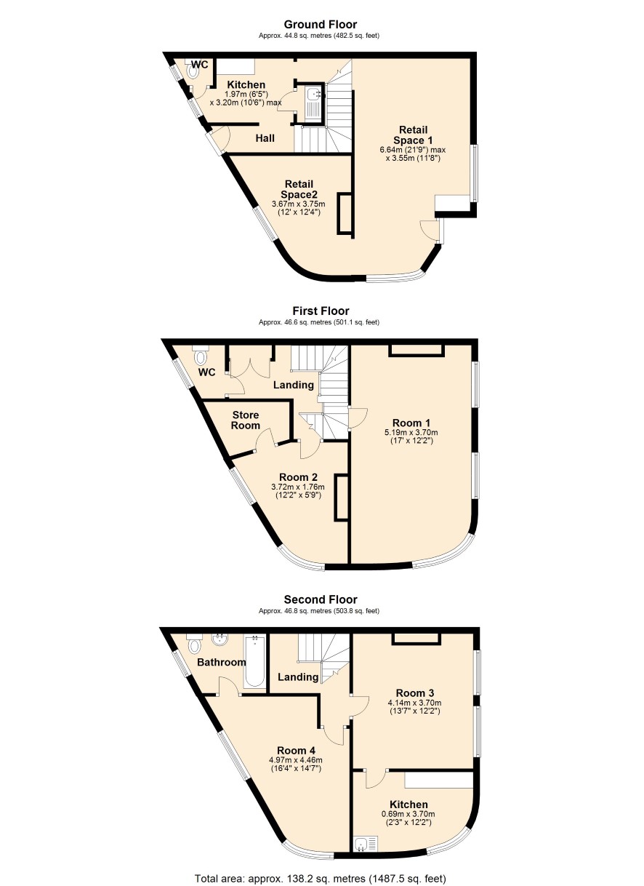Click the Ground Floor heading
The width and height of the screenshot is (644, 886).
[x=321, y=25]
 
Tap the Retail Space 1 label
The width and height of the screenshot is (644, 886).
[x=413, y=135]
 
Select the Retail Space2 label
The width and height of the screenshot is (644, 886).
[x=299, y=189]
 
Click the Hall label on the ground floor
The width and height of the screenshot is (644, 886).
[x=265, y=138]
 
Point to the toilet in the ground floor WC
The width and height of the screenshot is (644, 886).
[x=193, y=70]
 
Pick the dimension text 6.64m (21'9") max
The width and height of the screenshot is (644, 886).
[x=413, y=150]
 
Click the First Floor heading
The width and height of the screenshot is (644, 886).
[x=321, y=311]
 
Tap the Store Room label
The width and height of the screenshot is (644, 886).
[x=246, y=420]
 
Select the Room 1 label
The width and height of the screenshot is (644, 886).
[x=411, y=423]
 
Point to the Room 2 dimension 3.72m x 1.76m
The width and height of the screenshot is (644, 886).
[x=298, y=487]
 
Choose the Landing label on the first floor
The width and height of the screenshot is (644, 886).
[x=294, y=385]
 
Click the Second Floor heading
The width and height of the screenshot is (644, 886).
[x=321, y=599]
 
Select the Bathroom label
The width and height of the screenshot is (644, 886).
[x=222, y=662]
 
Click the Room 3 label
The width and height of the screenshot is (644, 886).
[x=415, y=693]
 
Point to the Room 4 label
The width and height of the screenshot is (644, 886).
[x=296, y=751]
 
